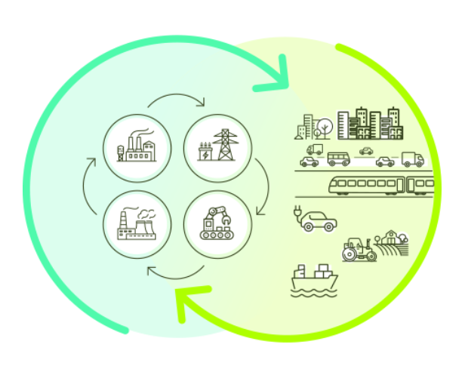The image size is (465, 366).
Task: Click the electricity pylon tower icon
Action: click(224, 144)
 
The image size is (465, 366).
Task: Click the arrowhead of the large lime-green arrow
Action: click(186, 303)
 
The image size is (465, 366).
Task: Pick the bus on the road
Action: click(338, 159)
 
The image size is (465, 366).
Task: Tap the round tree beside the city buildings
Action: click(324, 124)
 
